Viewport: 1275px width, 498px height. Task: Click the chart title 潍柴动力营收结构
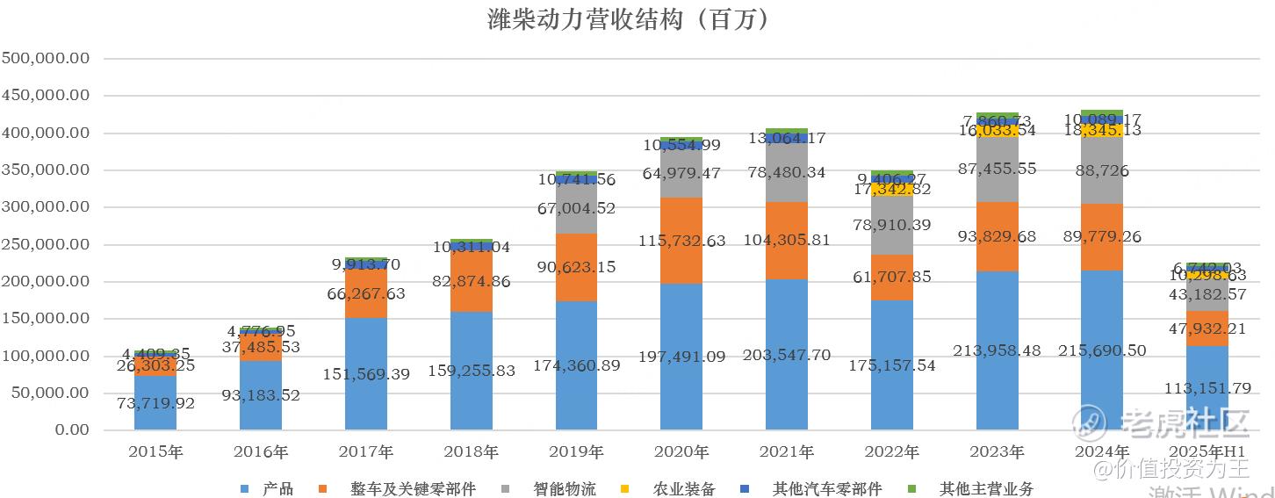[x=629, y=19]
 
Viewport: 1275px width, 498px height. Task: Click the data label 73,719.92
[x=155, y=403]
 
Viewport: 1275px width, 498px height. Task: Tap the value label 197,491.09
[x=681, y=356]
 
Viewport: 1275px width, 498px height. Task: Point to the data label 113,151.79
[x=1207, y=386]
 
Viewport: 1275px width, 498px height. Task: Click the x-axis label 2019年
[x=576, y=453]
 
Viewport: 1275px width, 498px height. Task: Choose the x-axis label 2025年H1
[x=1207, y=453]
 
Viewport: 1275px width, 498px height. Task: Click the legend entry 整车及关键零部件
[x=413, y=488]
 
